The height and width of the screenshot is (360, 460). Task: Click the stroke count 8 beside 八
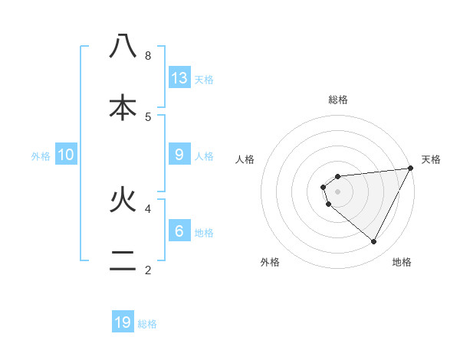click(148, 56)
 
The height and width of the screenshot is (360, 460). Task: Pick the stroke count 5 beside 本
click(148, 116)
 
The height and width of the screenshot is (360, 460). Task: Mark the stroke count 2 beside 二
click(148, 270)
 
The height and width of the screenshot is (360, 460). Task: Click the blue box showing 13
click(179, 78)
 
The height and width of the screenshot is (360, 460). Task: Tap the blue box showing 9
click(179, 155)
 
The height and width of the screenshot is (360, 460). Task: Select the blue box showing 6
click(179, 231)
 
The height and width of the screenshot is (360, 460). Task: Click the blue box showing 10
click(66, 155)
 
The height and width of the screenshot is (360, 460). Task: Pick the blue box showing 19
click(123, 322)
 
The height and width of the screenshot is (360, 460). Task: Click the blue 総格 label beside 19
click(147, 324)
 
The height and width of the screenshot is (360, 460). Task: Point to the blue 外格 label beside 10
click(41, 156)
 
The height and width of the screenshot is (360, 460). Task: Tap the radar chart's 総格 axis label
click(338, 100)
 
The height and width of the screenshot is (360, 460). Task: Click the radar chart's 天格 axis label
click(431, 159)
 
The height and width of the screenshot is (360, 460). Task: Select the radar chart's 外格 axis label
click(270, 263)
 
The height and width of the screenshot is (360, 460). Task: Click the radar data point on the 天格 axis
click(410, 169)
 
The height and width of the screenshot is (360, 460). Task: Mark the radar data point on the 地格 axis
click(374, 242)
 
